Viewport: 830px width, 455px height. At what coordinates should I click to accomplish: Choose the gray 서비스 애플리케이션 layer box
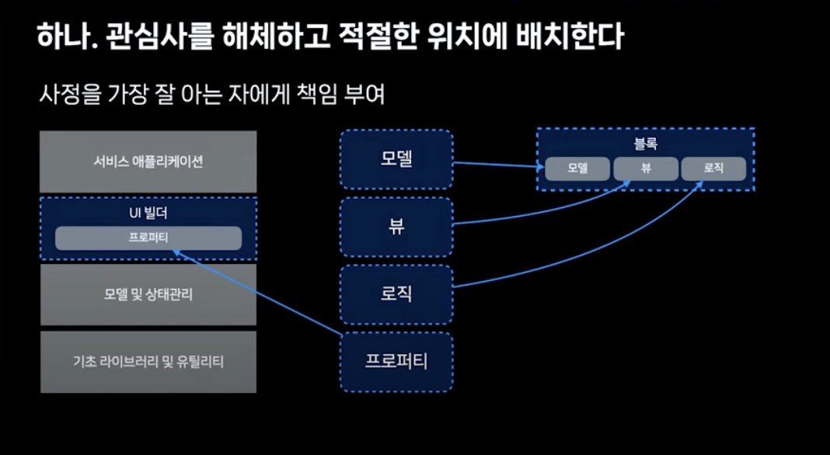coord(148,162)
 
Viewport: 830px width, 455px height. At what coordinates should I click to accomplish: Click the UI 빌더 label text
coord(148,213)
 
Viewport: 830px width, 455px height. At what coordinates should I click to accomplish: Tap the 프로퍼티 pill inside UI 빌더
coord(148,238)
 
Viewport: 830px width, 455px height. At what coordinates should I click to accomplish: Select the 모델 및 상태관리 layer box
coord(148,294)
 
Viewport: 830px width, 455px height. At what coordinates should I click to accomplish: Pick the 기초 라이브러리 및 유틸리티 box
coord(148,362)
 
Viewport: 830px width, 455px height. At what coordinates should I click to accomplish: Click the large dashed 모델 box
coord(396,159)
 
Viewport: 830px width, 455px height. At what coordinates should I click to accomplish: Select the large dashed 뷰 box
coord(396,227)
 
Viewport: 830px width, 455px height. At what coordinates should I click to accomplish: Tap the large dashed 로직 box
coord(396,294)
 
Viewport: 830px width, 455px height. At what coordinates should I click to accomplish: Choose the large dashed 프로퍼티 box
coord(396,362)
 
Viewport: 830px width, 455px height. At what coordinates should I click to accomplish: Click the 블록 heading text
coord(646,143)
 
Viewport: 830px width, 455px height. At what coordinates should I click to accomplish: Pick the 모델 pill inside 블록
coord(577,168)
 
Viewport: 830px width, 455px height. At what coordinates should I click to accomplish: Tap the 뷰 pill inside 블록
coord(646,168)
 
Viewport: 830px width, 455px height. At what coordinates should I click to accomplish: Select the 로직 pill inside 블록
coord(713,168)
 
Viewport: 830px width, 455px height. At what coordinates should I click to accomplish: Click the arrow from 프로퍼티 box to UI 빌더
coord(256,292)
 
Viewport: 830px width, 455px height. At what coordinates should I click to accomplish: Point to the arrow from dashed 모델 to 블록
coord(497,165)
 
